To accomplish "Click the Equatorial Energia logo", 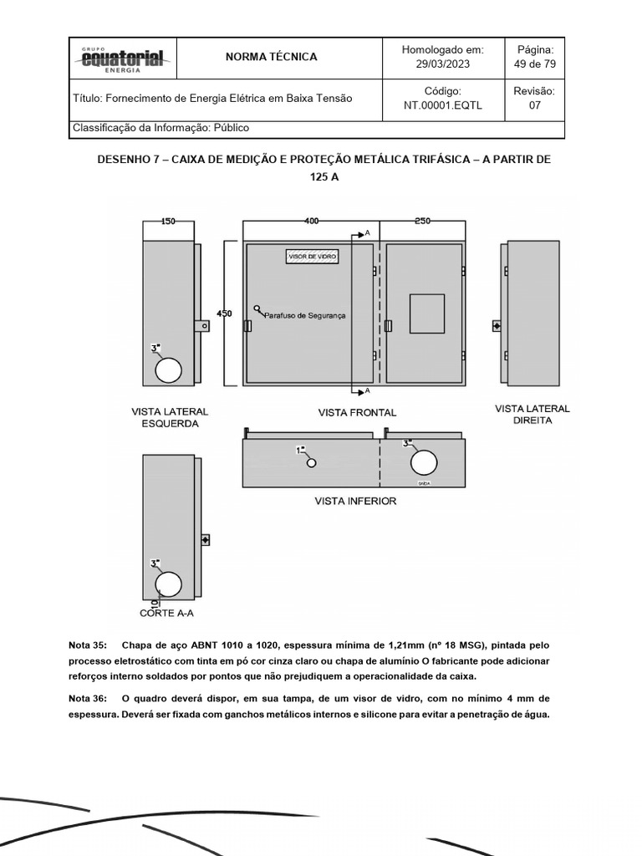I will point(123,59).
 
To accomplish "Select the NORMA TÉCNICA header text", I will point(272,57).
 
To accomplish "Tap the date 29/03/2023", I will point(443,64).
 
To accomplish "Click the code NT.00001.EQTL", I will point(443,105).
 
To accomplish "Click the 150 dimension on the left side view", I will point(168,222).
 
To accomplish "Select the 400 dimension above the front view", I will point(311,222).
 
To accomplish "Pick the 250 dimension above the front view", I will point(422,222).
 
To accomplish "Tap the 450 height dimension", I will point(225,313).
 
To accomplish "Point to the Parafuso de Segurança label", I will point(304,315).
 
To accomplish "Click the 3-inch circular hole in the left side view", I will point(169,368).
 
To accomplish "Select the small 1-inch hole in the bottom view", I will point(311,462).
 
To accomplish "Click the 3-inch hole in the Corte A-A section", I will point(169,583).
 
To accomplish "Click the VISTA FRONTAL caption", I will point(357,412).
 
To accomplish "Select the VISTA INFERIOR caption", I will point(355,501).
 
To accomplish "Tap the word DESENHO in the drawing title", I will point(123,159).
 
